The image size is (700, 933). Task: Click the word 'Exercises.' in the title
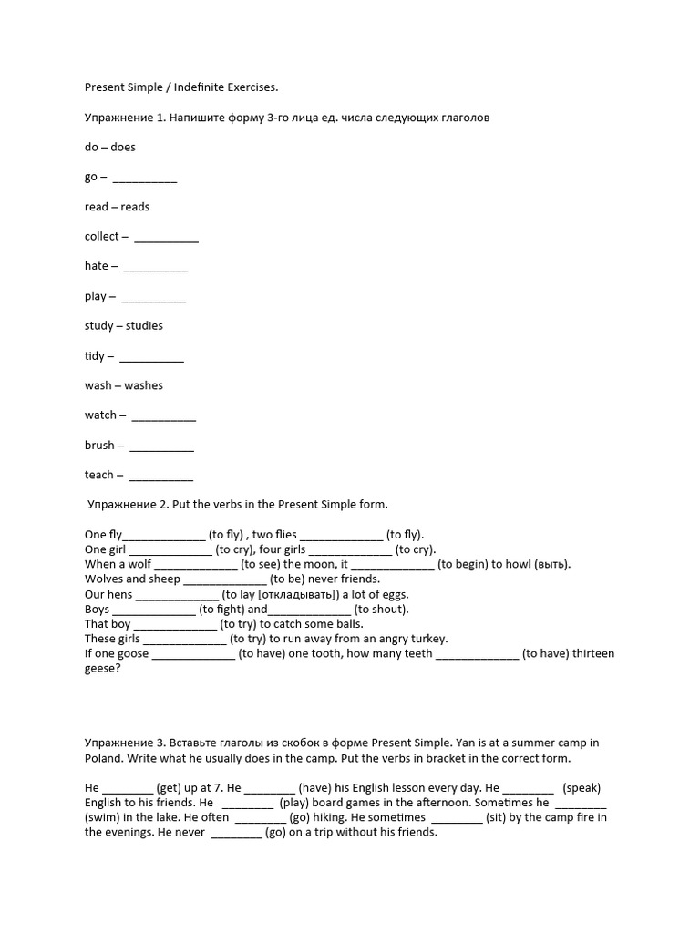click(x=250, y=87)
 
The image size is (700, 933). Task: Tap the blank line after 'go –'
click(x=145, y=178)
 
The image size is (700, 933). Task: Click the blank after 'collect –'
click(x=166, y=238)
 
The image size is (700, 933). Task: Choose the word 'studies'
click(x=144, y=326)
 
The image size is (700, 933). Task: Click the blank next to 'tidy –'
click(x=151, y=357)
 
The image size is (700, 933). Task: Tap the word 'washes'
click(x=144, y=385)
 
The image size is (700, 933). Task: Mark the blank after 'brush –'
click(x=161, y=446)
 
